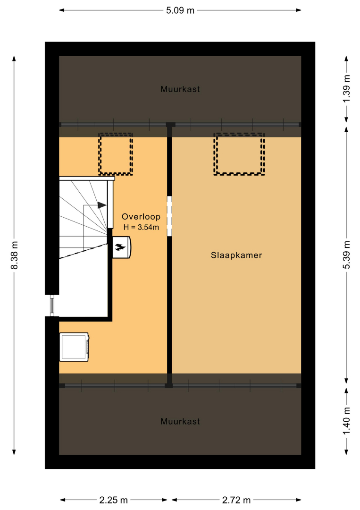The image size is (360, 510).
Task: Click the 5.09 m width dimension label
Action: [x=180, y=10]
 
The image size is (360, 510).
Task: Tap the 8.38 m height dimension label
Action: [x=15, y=255]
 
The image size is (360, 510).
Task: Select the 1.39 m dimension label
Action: [x=347, y=88]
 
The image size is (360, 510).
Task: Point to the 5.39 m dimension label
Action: [x=347, y=255]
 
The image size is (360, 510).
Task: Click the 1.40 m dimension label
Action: [x=347, y=421]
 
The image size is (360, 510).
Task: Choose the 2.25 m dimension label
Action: [x=113, y=500]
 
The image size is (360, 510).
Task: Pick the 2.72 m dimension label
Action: [x=236, y=500]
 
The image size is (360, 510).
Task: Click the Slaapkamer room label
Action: [x=236, y=255]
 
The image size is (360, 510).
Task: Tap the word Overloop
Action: [x=141, y=217]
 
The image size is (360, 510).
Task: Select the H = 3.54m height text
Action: [x=141, y=227]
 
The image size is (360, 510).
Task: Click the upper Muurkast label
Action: [x=180, y=89]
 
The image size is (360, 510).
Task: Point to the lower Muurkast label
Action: [x=180, y=422]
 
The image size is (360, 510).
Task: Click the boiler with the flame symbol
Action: [x=122, y=247]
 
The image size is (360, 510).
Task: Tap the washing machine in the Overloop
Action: [x=74, y=347]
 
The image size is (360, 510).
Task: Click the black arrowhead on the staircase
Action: [x=102, y=205]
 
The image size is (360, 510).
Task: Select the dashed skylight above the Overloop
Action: [x=116, y=154]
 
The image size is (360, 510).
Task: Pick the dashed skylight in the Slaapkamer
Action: [x=239, y=154]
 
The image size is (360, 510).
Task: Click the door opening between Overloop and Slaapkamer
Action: [x=169, y=216]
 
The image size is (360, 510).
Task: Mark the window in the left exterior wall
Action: [x=52, y=306]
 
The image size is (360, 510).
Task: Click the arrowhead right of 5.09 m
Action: [x=299, y=10]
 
